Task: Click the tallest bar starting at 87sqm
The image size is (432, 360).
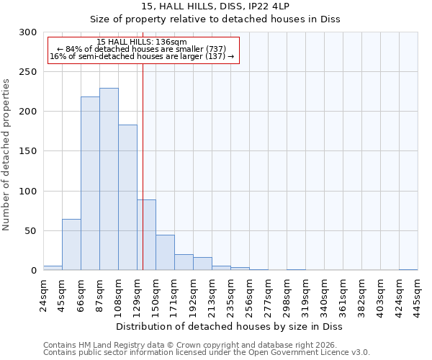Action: (x=109, y=179)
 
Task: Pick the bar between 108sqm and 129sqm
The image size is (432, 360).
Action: (x=127, y=197)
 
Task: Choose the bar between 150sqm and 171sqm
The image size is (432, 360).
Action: (x=165, y=253)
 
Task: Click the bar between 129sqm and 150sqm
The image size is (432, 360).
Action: (x=146, y=235)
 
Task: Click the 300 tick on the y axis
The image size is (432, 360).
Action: (x=29, y=32)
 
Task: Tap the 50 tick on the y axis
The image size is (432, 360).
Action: (x=32, y=231)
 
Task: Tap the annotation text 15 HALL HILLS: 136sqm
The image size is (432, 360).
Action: (x=142, y=42)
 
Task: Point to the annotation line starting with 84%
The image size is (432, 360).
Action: (x=142, y=49)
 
